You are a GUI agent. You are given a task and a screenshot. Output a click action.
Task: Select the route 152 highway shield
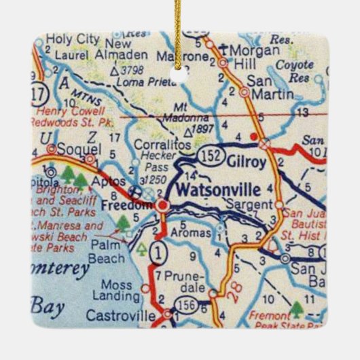211,156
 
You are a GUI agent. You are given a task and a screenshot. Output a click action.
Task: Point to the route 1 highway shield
158,253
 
